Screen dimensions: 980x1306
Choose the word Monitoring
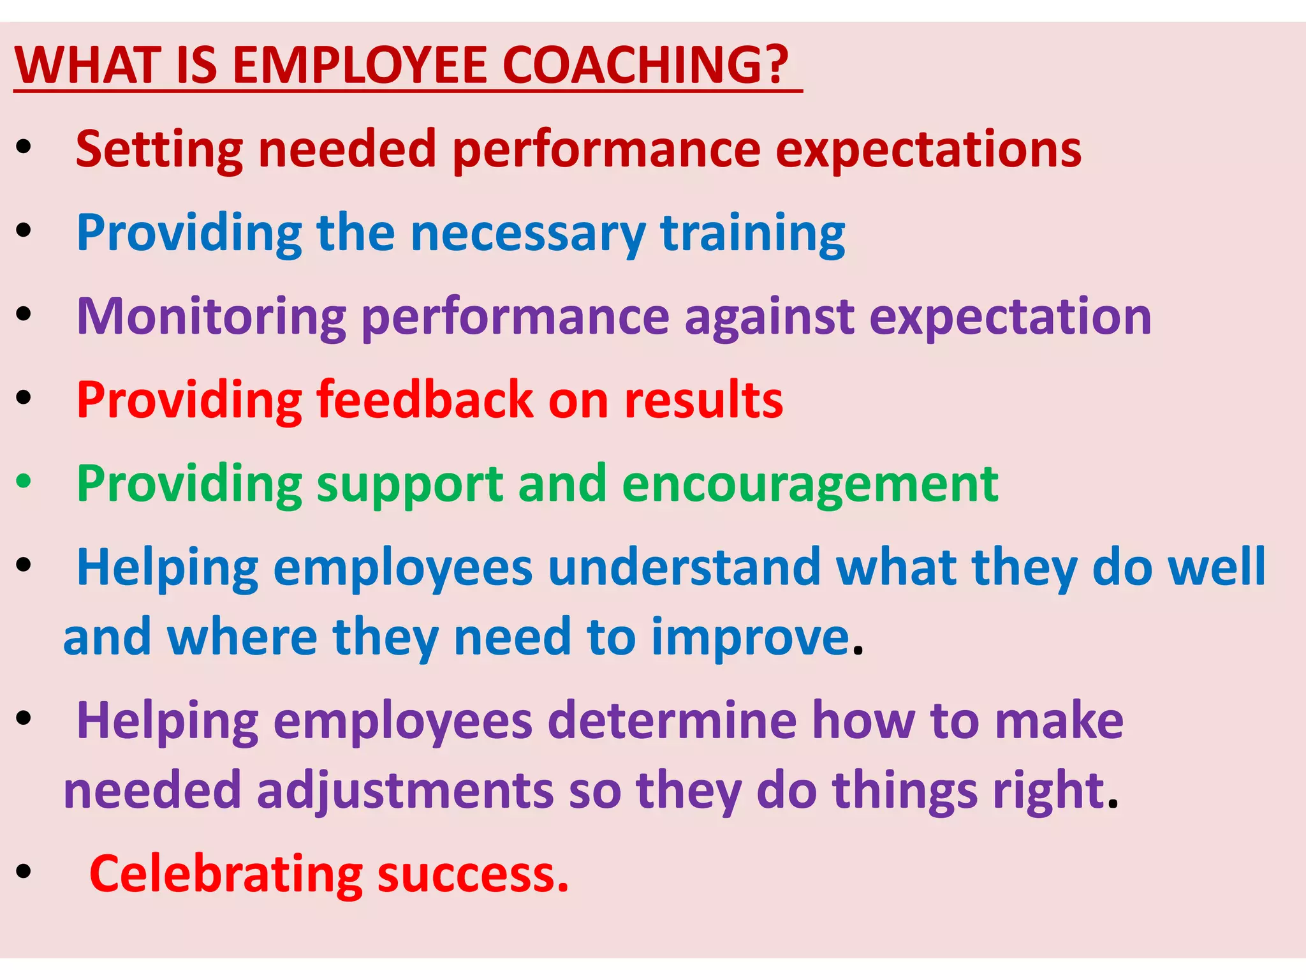pos(211,318)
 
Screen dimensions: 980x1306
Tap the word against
pos(769,318)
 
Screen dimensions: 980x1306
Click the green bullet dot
pos(24,481)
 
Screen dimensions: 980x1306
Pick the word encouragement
pos(809,485)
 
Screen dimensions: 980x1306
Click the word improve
pos(751,638)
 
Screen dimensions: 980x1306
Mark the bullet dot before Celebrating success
pos(24,871)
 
